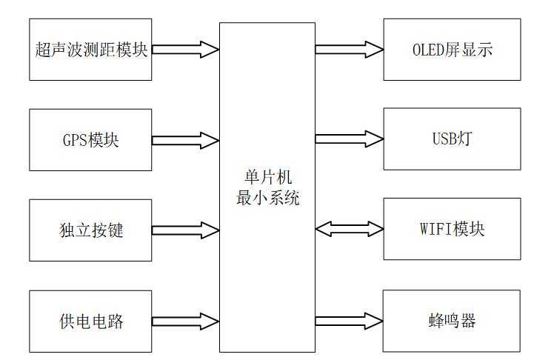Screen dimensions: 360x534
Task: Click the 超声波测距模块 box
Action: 90,50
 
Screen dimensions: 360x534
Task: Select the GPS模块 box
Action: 90,140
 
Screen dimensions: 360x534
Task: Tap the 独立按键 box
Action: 90,230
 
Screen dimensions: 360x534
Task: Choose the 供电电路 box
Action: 90,321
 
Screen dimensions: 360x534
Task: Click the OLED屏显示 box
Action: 452,50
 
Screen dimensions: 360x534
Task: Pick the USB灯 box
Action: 452,139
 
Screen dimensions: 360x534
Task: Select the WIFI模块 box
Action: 452,229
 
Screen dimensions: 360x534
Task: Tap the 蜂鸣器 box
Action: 452,321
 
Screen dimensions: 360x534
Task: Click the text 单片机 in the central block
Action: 268,179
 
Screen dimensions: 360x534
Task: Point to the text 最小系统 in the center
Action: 268,198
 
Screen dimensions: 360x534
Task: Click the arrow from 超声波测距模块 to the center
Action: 185,50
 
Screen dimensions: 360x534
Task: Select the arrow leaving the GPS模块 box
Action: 185,140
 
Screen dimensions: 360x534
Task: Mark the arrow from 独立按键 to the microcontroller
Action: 185,230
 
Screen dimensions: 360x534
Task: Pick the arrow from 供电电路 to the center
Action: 185,321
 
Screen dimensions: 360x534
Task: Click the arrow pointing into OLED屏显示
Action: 349,50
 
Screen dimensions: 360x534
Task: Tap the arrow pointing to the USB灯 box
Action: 349,139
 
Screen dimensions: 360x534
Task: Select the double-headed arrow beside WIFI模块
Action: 349,230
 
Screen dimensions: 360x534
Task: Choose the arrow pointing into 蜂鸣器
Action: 349,321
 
